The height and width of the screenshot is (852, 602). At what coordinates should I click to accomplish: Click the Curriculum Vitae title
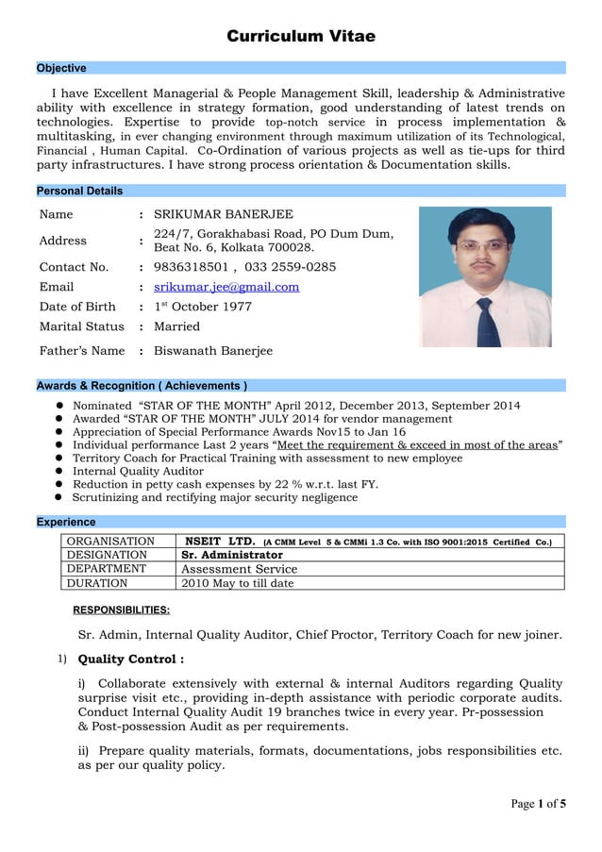(x=301, y=37)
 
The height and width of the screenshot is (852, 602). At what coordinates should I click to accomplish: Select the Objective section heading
(x=61, y=68)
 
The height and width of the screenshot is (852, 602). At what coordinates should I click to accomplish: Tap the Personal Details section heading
(x=79, y=191)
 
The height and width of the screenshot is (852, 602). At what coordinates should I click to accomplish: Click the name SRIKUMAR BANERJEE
(x=224, y=214)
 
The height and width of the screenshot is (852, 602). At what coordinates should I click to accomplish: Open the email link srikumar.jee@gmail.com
(x=226, y=287)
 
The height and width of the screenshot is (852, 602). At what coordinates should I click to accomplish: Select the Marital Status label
(x=82, y=326)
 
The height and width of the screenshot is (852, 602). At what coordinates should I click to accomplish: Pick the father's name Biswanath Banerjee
(x=213, y=351)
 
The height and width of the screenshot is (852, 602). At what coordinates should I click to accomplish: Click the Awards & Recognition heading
(x=142, y=385)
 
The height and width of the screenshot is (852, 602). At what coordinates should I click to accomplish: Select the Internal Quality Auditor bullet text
(x=138, y=471)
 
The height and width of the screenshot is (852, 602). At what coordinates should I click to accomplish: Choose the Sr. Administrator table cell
(x=232, y=556)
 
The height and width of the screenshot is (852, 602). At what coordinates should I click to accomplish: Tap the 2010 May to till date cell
(x=237, y=583)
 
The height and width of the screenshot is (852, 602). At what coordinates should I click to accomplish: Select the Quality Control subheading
(x=130, y=659)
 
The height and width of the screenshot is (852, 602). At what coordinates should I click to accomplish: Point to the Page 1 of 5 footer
(x=539, y=804)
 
